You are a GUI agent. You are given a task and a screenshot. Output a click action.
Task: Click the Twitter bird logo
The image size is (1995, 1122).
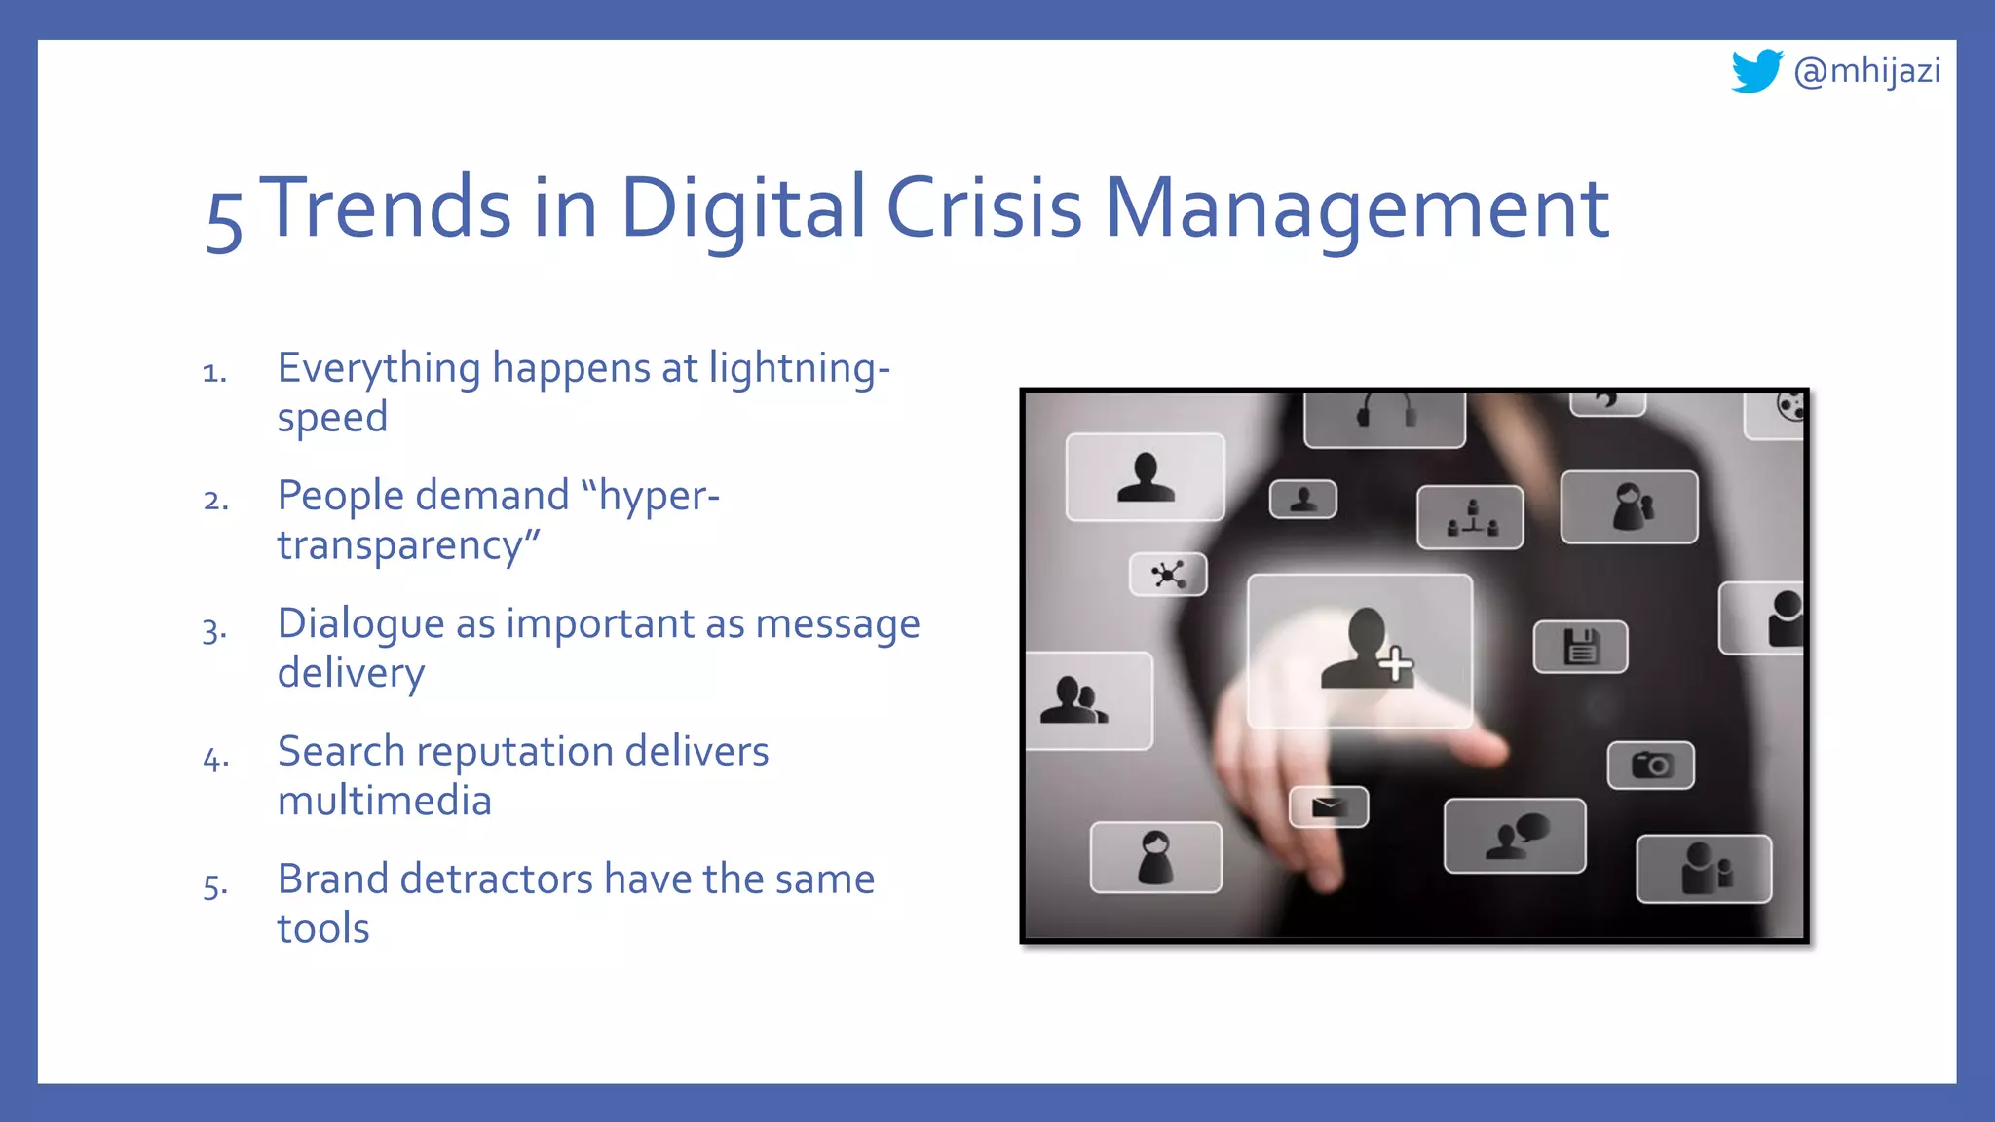1756,71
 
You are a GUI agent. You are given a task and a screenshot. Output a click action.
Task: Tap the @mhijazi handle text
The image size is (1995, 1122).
1866,71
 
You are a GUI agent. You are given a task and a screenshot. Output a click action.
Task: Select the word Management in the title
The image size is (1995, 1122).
1356,209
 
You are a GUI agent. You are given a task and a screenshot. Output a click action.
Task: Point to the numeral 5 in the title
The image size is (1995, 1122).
224,220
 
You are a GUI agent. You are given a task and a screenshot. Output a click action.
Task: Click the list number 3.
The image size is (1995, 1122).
214,630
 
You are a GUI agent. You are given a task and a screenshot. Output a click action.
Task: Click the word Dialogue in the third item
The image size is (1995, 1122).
360,624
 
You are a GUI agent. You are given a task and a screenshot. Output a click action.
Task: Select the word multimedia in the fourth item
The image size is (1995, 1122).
385,801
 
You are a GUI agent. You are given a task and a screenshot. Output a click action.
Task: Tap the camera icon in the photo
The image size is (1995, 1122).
1651,765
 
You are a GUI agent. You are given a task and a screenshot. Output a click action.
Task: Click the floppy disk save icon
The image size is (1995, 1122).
1581,647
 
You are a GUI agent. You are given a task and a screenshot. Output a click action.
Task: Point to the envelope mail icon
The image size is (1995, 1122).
1329,806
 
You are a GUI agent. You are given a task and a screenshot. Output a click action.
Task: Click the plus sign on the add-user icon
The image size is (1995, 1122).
1396,664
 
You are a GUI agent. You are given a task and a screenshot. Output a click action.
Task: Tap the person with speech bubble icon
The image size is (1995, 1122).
1516,836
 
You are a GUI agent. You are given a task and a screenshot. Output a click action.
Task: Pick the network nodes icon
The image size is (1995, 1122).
1168,574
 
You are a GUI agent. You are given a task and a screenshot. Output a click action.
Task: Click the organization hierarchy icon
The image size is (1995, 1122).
1471,518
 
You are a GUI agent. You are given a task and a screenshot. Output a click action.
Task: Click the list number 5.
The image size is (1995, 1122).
215,886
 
